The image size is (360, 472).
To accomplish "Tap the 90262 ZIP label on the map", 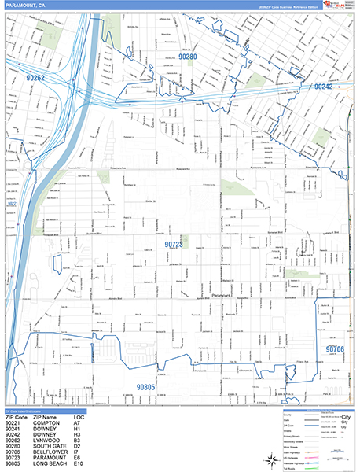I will click(x=41, y=78).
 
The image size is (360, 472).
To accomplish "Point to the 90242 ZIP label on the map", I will click(x=327, y=87).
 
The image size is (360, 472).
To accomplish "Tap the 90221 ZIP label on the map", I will click(x=12, y=204).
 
